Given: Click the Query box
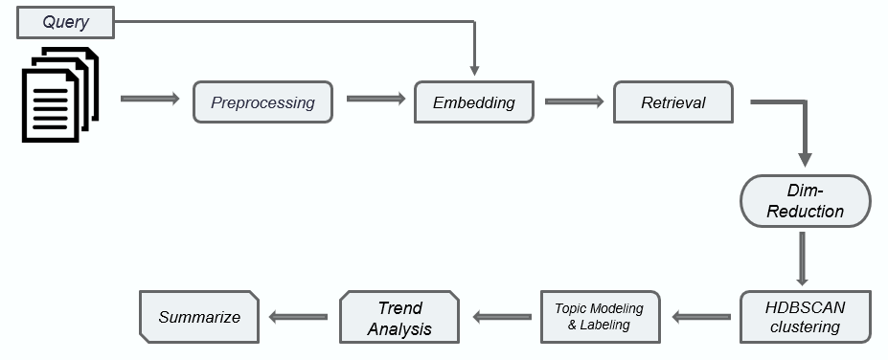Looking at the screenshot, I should pyautogui.click(x=65, y=22).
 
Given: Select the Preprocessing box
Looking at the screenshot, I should pyautogui.click(x=262, y=102).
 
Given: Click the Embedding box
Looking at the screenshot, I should pyautogui.click(x=473, y=102).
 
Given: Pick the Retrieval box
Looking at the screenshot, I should pyautogui.click(x=672, y=102).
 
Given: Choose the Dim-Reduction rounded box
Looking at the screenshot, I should pyautogui.click(x=805, y=201).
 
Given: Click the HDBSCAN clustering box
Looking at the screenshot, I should pyautogui.click(x=805, y=316).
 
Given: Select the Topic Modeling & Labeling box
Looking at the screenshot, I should pyautogui.click(x=599, y=316).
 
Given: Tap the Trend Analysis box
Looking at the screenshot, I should pyautogui.click(x=399, y=317).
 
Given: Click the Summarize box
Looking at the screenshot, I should pyautogui.click(x=199, y=317).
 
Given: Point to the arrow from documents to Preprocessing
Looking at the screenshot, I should pyautogui.click(x=150, y=99).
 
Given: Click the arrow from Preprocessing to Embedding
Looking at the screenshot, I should pyautogui.click(x=375, y=99).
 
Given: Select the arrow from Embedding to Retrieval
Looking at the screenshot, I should pyautogui.click(x=574, y=100).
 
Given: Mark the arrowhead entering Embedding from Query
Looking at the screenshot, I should pyautogui.click(x=473, y=67).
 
